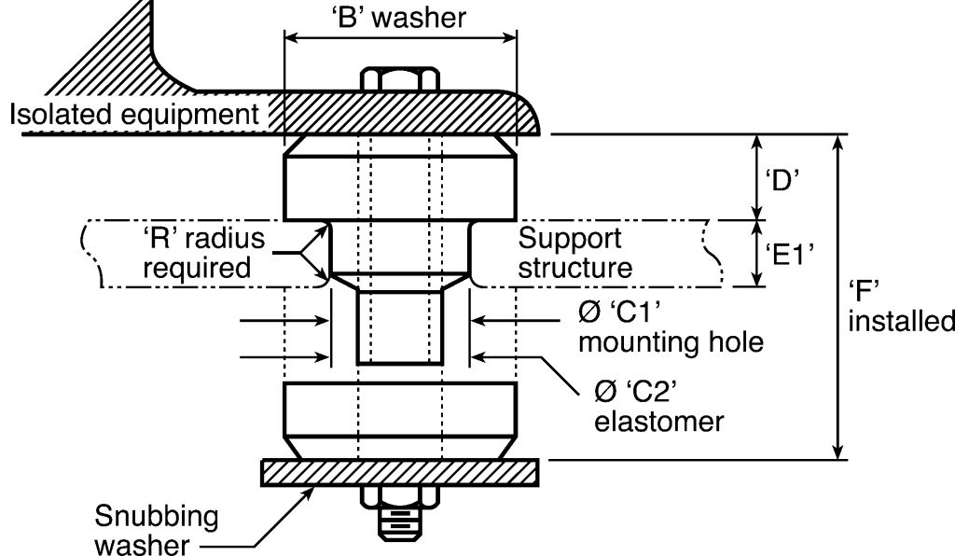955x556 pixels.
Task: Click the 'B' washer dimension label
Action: click(x=401, y=18)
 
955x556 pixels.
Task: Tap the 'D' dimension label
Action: click(x=782, y=181)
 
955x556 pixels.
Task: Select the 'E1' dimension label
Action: click(x=790, y=254)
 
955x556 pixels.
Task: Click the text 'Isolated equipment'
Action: click(x=134, y=114)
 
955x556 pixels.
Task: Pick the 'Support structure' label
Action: click(x=574, y=253)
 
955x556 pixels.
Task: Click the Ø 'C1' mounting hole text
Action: click(x=671, y=327)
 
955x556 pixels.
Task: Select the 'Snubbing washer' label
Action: click(x=157, y=530)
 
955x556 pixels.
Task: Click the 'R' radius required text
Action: click(x=203, y=253)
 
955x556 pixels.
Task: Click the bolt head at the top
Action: click(x=400, y=79)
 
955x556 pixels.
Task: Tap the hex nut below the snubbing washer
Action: click(x=400, y=497)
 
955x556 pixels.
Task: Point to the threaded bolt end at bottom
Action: click(x=400, y=524)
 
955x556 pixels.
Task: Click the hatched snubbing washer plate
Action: click(x=400, y=473)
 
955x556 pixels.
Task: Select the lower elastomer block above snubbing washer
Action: click(x=400, y=420)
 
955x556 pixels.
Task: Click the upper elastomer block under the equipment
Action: click(x=400, y=177)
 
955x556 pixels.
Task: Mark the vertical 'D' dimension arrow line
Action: click(x=757, y=177)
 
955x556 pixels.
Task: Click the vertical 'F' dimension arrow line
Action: click(x=838, y=297)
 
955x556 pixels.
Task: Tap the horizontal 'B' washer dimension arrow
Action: click(x=400, y=37)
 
